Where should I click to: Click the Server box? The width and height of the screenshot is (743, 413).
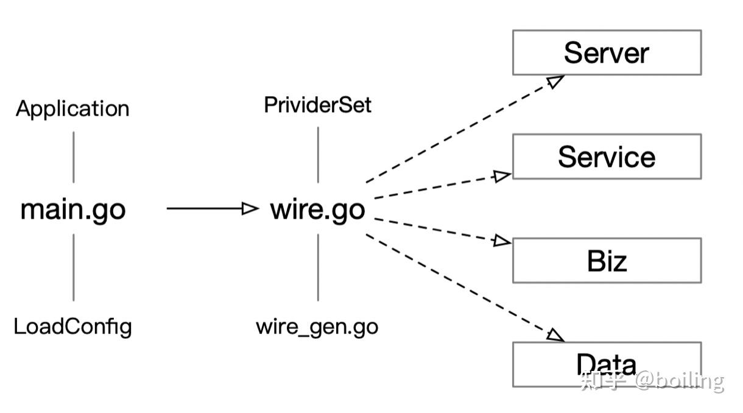(x=607, y=52)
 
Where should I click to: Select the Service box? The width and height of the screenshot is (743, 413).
(x=607, y=157)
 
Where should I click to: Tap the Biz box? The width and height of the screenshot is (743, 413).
(x=607, y=261)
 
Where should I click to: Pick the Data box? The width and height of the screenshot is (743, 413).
(x=607, y=364)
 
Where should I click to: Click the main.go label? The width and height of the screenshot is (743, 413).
(x=73, y=209)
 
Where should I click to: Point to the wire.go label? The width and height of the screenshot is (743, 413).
(x=317, y=209)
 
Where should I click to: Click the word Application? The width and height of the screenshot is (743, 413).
(x=72, y=108)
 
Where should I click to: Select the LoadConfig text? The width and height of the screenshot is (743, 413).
(x=72, y=327)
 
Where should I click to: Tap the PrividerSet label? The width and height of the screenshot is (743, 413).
(x=317, y=105)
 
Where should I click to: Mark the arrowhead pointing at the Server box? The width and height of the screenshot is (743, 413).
(x=555, y=81)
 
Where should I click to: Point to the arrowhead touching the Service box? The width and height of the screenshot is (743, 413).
(x=502, y=176)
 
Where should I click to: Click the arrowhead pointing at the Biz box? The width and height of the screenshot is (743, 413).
(x=502, y=241)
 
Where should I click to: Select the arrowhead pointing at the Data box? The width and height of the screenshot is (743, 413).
(x=555, y=335)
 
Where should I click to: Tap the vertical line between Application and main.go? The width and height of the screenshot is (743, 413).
(x=74, y=157)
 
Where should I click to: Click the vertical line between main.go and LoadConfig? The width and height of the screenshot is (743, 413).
(x=74, y=267)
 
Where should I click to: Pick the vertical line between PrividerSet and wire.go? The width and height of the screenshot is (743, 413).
(x=318, y=155)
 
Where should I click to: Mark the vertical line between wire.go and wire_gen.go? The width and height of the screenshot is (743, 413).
(x=318, y=267)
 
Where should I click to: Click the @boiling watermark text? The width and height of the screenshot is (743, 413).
(x=679, y=381)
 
